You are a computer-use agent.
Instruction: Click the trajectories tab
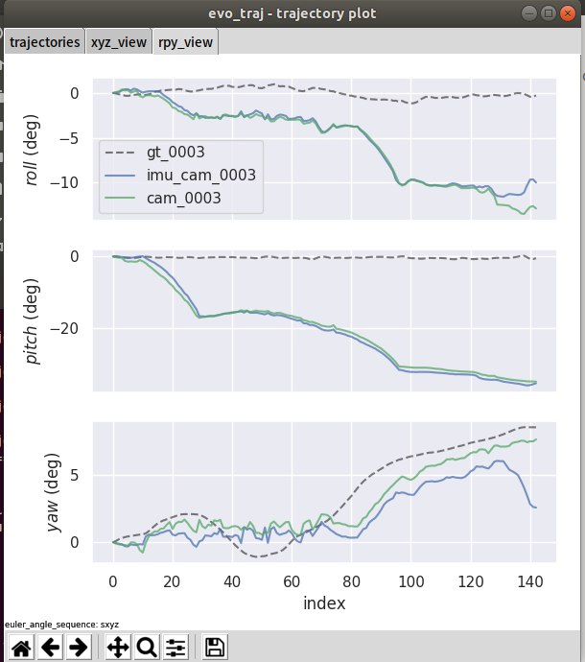(x=44, y=42)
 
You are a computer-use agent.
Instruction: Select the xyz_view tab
(x=119, y=42)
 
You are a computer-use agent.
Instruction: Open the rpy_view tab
(x=186, y=42)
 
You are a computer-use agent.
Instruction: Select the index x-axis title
(x=324, y=603)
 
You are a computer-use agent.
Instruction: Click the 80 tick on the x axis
(x=352, y=581)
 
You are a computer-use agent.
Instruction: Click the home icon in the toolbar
(x=21, y=648)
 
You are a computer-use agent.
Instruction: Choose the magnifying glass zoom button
(x=147, y=648)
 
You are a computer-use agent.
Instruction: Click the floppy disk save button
(x=216, y=648)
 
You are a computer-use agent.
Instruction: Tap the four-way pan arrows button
(x=118, y=648)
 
